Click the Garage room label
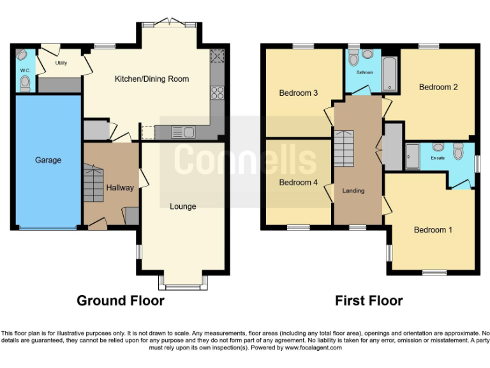48,160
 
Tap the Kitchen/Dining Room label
151,79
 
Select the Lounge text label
182,206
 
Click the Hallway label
120,188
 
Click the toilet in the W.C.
25,82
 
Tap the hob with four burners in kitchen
217,93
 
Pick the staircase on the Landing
344,148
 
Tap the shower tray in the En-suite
412,156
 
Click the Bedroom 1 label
433,230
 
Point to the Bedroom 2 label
438,88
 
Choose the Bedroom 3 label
299,93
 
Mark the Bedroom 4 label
299,182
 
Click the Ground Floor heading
121,300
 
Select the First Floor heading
369,300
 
